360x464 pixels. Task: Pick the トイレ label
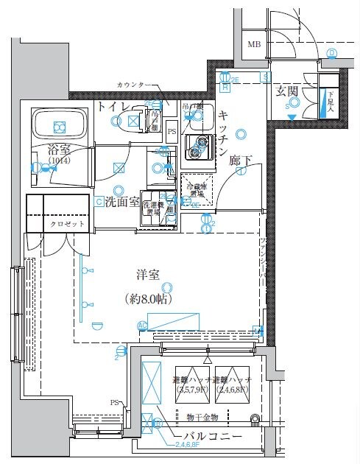112,108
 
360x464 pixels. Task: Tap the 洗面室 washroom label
121,201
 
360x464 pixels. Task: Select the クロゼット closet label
66,223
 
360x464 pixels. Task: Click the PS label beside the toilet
172,132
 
